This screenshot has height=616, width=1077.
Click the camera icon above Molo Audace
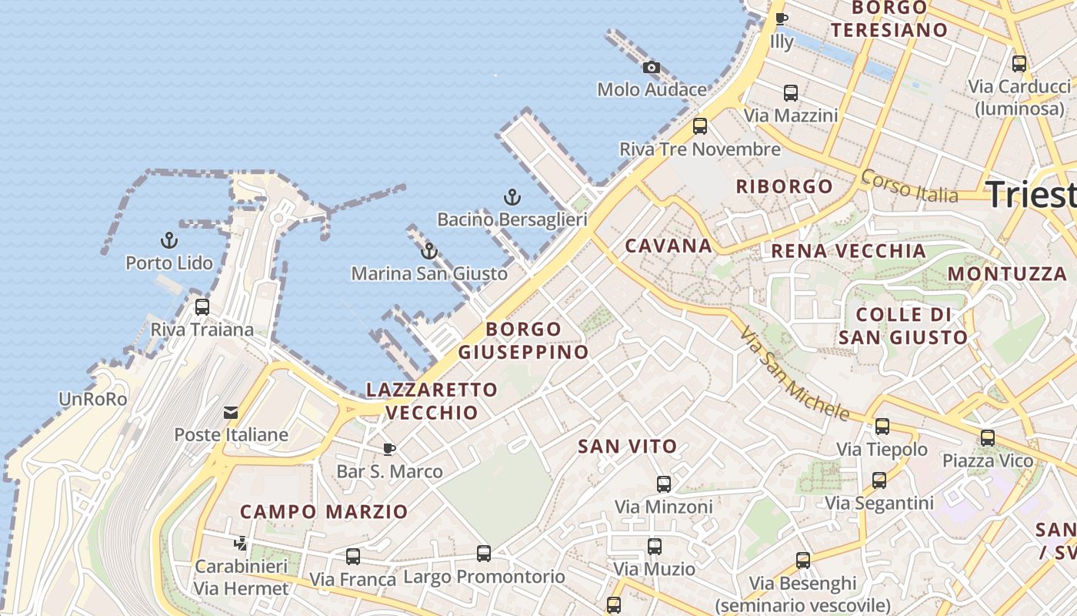(x=652, y=68)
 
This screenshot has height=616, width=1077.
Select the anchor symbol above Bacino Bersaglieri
(x=512, y=198)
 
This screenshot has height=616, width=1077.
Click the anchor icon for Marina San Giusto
(x=429, y=251)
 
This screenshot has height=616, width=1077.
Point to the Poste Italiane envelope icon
(x=231, y=413)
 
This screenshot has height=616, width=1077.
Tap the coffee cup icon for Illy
(x=782, y=19)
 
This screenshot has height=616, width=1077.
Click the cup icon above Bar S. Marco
(x=390, y=449)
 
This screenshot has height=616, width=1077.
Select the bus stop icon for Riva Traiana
(x=202, y=307)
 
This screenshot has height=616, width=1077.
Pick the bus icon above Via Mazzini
(x=790, y=93)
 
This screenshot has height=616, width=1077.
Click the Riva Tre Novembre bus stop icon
(x=700, y=126)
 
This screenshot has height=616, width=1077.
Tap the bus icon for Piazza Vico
(x=988, y=438)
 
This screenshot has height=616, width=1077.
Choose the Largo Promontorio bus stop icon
(x=484, y=554)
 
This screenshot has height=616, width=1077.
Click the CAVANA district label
(x=669, y=246)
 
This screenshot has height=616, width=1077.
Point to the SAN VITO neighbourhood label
(x=628, y=447)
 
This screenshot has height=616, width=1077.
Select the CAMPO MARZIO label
(x=324, y=512)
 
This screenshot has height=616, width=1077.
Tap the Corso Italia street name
(x=909, y=186)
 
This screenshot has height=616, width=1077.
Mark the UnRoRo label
(x=93, y=400)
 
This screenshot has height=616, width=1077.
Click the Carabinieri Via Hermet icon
(x=241, y=544)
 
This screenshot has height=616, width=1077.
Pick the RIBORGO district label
(x=785, y=186)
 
